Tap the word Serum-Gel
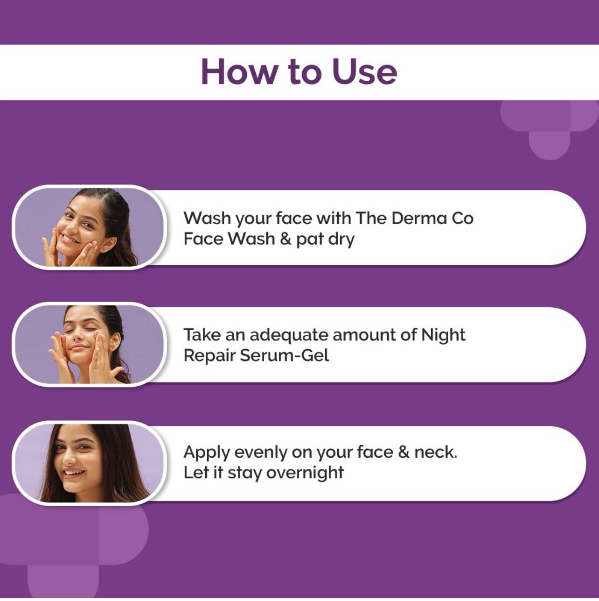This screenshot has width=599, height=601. click(x=284, y=355)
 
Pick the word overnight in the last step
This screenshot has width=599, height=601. click(x=305, y=473)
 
